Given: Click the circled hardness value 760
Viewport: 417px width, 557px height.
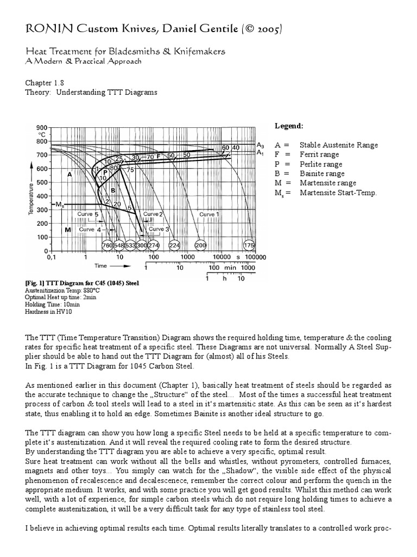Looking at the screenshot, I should pyautogui.click(x=107, y=246).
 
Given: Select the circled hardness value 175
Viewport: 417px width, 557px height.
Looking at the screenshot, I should pyautogui.click(x=249, y=246).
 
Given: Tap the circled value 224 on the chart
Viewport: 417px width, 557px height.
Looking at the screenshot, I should pyautogui.click(x=175, y=246).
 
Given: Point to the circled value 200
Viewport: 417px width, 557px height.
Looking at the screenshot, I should pyautogui.click(x=201, y=246).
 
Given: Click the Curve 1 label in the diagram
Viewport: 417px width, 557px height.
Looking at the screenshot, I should pyautogui.click(x=210, y=214).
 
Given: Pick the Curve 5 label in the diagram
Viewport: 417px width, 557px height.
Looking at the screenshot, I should pyautogui.click(x=88, y=214).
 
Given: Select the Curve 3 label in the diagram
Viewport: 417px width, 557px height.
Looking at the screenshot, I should pyautogui.click(x=160, y=230).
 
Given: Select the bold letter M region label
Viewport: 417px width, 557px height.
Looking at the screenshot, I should pyautogui.click(x=68, y=230).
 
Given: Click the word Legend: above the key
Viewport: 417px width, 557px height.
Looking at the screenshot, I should pyautogui.click(x=288, y=126).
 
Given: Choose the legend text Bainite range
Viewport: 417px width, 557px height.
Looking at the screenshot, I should pyautogui.click(x=321, y=174).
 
